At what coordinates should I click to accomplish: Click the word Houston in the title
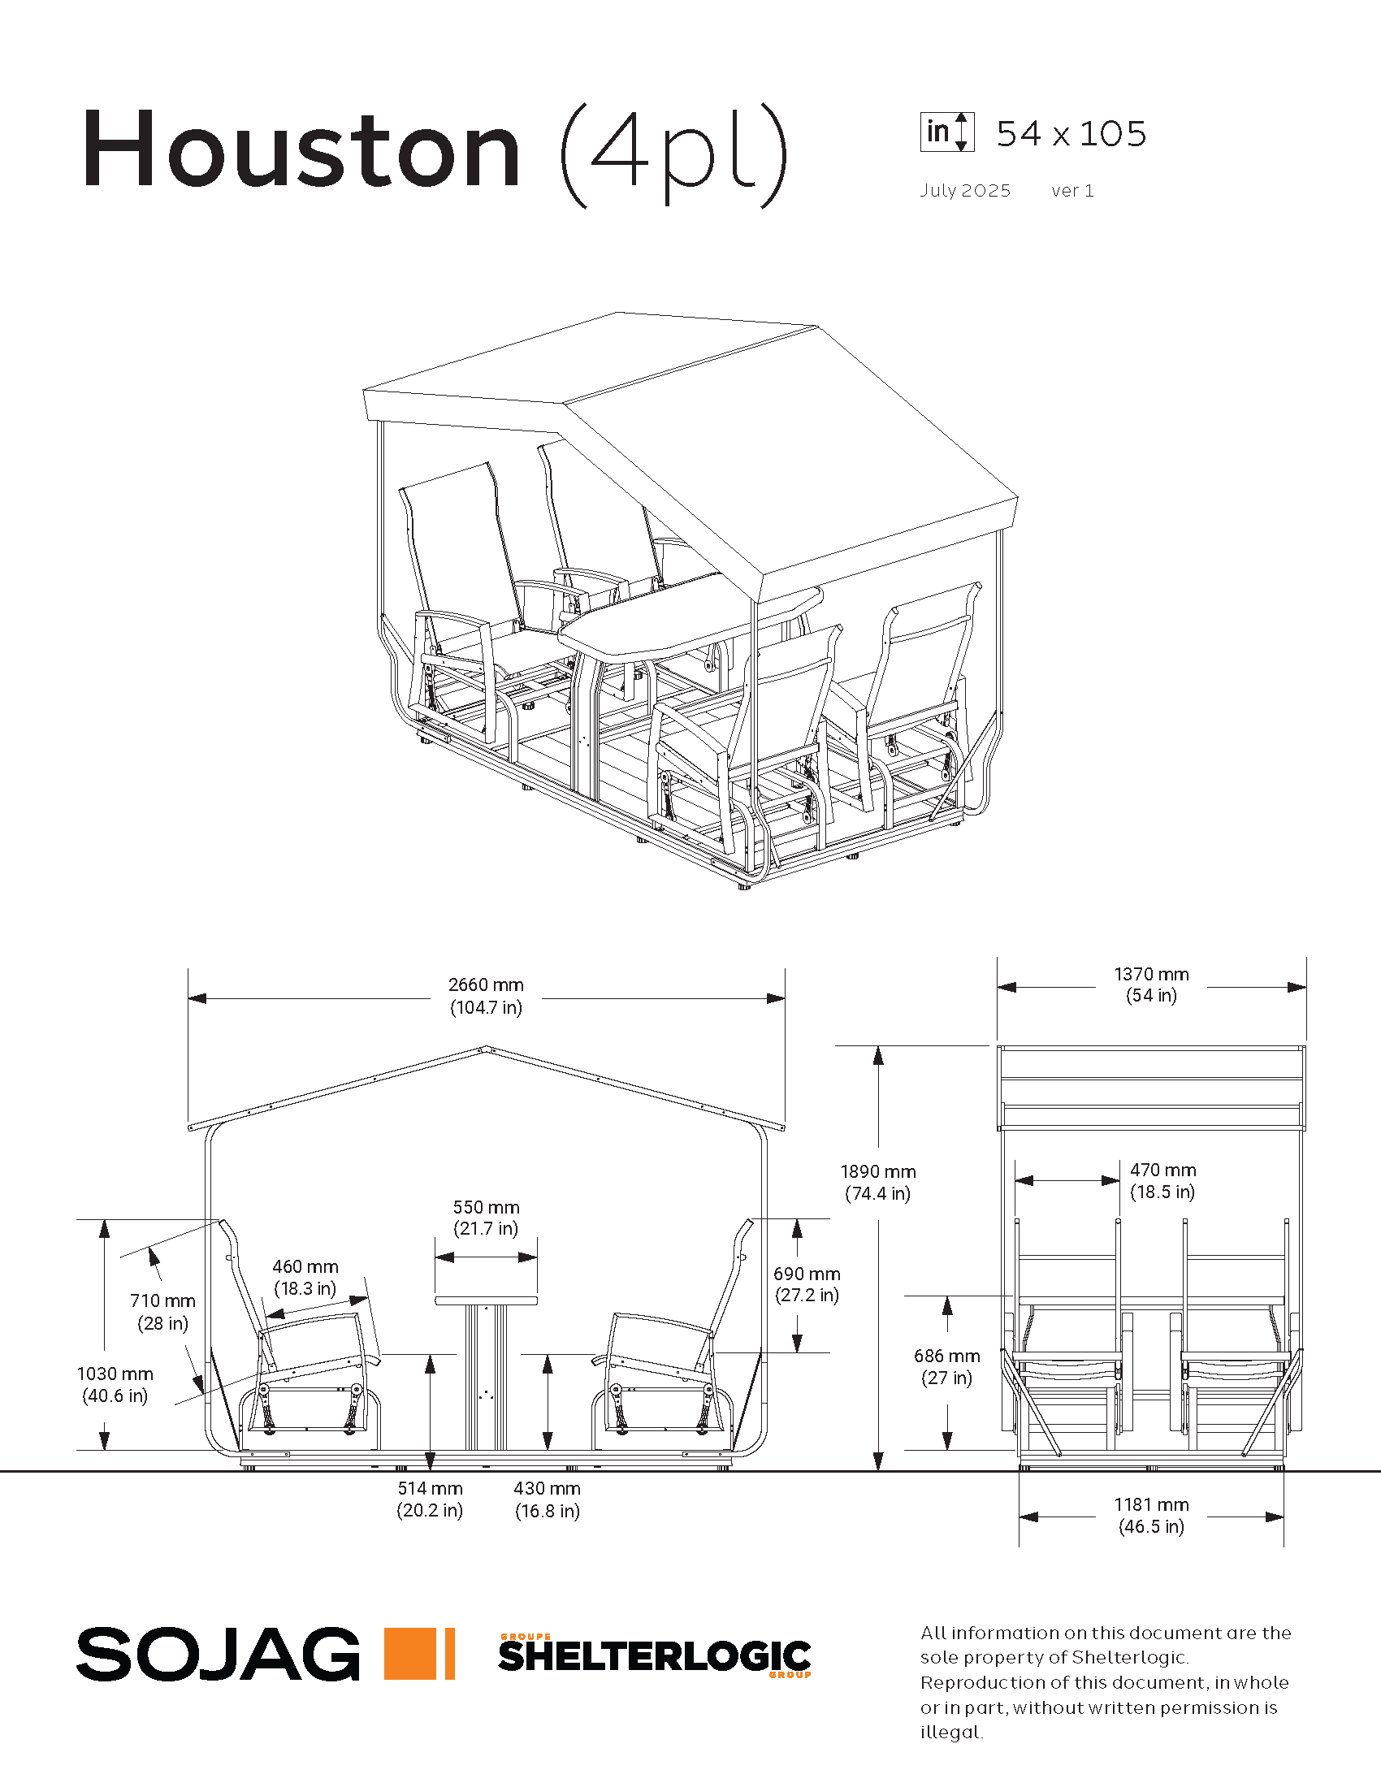click(301, 149)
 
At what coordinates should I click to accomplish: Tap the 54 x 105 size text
click(1071, 134)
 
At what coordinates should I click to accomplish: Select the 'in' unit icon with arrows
click(946, 132)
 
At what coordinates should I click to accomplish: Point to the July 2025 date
click(965, 191)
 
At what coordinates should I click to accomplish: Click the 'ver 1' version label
click(1072, 191)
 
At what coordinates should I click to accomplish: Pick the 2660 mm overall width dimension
click(486, 996)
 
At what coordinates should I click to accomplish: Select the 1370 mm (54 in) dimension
click(1151, 984)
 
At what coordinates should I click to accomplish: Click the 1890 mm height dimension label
click(878, 1183)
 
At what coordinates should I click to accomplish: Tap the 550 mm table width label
click(486, 1218)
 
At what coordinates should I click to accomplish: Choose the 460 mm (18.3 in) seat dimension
click(305, 1277)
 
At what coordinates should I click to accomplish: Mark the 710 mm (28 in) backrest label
click(162, 1312)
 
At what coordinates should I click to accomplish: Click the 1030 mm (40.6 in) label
click(115, 1384)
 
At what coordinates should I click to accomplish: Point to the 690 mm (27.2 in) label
click(807, 1283)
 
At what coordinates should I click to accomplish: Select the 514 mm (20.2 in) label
click(431, 1499)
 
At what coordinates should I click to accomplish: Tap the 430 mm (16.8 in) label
click(548, 1499)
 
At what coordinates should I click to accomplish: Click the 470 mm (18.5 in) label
click(1162, 1181)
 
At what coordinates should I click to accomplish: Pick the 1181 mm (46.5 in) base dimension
click(1151, 1516)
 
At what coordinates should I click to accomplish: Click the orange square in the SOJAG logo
click(410, 1654)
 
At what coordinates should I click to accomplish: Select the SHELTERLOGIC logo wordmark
click(655, 1656)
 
